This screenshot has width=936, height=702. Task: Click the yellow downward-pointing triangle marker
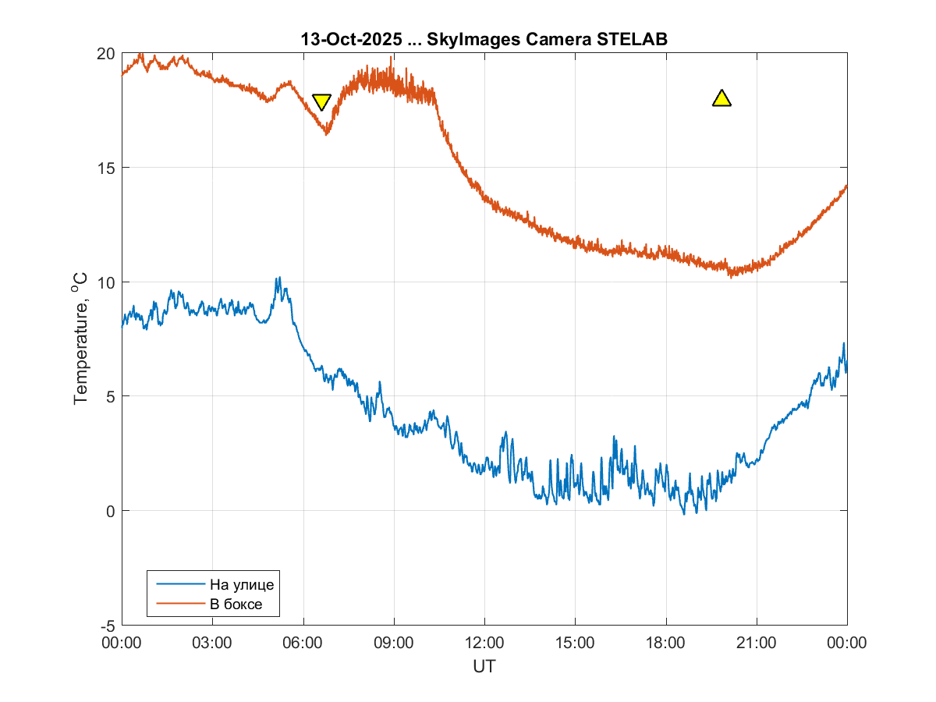[x=321, y=101]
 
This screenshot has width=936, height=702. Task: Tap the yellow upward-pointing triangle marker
[x=721, y=98]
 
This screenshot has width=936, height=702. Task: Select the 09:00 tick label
[x=394, y=643]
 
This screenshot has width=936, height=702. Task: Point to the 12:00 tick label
[x=484, y=643]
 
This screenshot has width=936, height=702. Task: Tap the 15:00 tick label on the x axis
[x=575, y=643]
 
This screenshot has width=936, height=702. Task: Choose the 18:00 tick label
[x=665, y=643]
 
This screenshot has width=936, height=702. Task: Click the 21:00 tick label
[x=757, y=643]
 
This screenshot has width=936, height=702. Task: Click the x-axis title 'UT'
[x=484, y=667]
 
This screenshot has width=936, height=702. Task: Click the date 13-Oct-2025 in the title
[x=350, y=39]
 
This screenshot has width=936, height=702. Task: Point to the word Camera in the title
[x=558, y=39]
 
